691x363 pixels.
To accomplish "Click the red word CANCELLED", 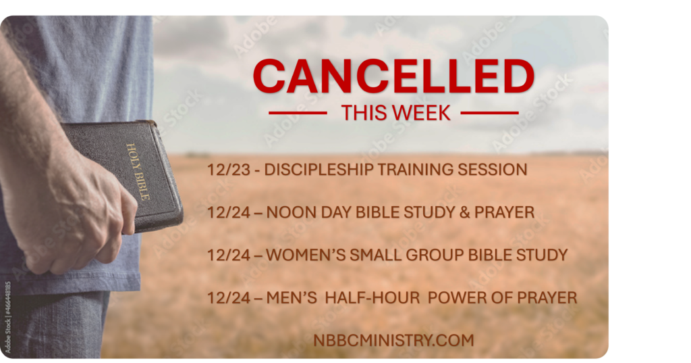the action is pyautogui.click(x=393, y=76).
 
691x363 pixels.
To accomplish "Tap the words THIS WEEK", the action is pyautogui.click(x=395, y=113).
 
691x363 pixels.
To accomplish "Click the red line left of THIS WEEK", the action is pyautogui.click(x=298, y=113).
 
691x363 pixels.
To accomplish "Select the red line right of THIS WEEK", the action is pyautogui.click(x=490, y=113).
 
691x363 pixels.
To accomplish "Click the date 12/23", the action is pyautogui.click(x=229, y=170).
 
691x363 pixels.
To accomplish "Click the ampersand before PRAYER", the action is pyautogui.click(x=464, y=212).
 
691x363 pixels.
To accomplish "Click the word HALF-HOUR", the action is pyautogui.click(x=372, y=297).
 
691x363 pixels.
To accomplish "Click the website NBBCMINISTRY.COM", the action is pyautogui.click(x=393, y=340).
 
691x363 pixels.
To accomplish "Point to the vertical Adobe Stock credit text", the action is pyautogui.click(x=7, y=317).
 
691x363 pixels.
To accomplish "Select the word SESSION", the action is pyautogui.click(x=492, y=170).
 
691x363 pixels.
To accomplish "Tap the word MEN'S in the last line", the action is pyautogui.click(x=292, y=297).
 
